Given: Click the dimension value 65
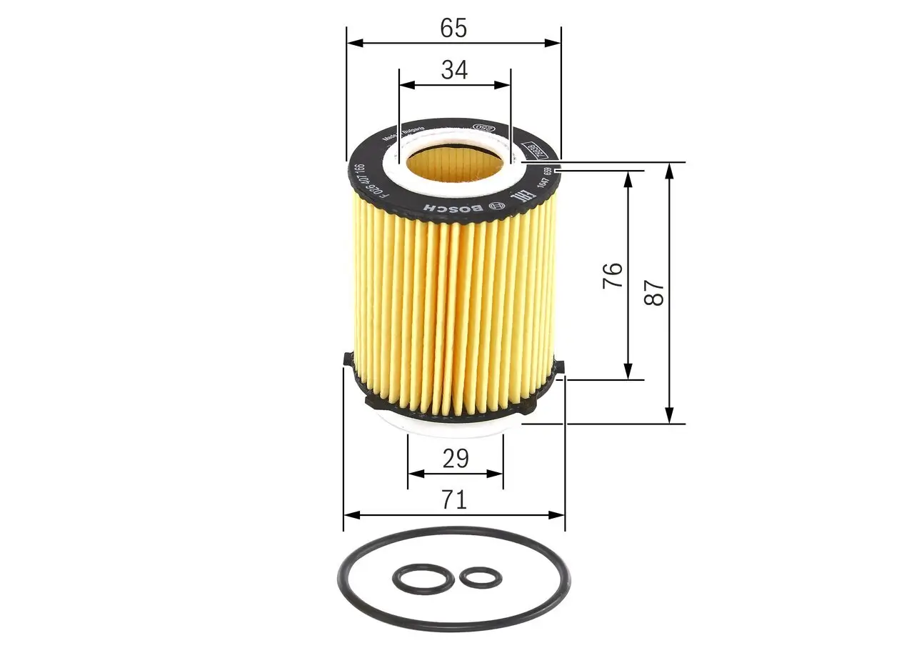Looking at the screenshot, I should click(453, 28).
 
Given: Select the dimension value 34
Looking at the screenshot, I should click(454, 70).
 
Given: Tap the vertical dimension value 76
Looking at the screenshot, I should click(613, 275).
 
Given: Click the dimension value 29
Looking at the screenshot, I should click(455, 459).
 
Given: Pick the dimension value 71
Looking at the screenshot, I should click(453, 500).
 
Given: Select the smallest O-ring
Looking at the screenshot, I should click(480, 577).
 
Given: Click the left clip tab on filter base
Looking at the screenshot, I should click(347, 359).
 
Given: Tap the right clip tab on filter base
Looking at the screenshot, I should click(559, 367).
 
